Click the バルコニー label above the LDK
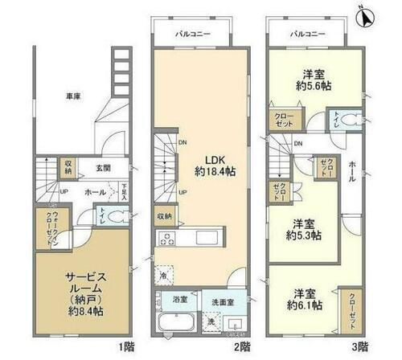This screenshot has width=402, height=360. point(192,36)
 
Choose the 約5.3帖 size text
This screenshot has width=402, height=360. point(306,235)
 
